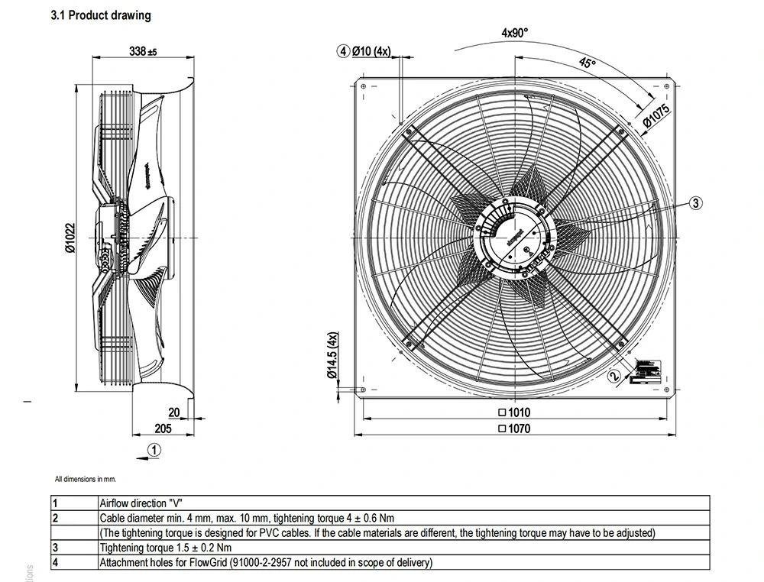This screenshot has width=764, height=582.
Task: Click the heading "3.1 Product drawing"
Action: [100, 15]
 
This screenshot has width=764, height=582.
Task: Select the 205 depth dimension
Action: [163, 428]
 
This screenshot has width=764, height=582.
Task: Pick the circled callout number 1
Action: [154, 450]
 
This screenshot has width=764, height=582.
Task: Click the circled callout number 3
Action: [695, 202]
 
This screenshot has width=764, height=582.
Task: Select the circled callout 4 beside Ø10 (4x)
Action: [344, 51]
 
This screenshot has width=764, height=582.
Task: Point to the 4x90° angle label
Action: [515, 32]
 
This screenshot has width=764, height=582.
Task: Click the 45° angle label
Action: [587, 63]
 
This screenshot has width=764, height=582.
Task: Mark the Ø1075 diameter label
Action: [656, 114]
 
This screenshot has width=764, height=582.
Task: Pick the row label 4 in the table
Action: [55, 563]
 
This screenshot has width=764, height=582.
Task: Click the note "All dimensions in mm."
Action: [85, 480]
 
